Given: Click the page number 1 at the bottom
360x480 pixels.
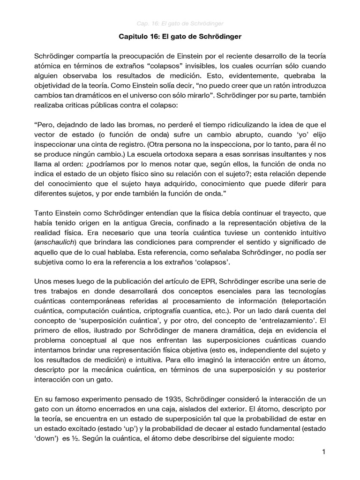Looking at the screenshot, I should click(x=323, y=452).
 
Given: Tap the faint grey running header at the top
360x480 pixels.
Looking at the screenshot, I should click(x=180, y=23).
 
